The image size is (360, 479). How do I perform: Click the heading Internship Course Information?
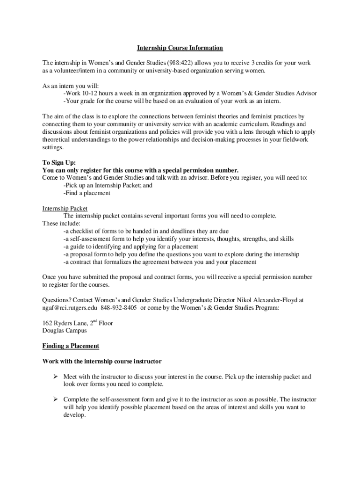click(180, 48)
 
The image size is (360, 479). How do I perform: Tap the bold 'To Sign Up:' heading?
click(59, 162)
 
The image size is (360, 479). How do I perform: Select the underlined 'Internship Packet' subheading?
click(65, 208)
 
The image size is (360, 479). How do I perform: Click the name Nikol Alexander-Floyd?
click(265, 300)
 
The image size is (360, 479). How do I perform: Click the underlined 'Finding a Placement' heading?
click(71, 346)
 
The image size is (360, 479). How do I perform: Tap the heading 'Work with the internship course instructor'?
click(102, 361)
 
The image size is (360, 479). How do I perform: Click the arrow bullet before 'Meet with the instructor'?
click(55, 377)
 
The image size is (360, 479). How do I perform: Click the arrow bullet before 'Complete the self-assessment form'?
click(55, 399)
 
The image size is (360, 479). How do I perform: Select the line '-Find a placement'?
click(87, 193)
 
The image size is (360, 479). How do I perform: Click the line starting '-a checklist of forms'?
click(146, 231)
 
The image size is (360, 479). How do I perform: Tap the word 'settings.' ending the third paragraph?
click(53, 147)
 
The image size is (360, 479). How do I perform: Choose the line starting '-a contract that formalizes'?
click(160, 262)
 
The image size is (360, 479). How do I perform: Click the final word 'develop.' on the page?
click(75, 414)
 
